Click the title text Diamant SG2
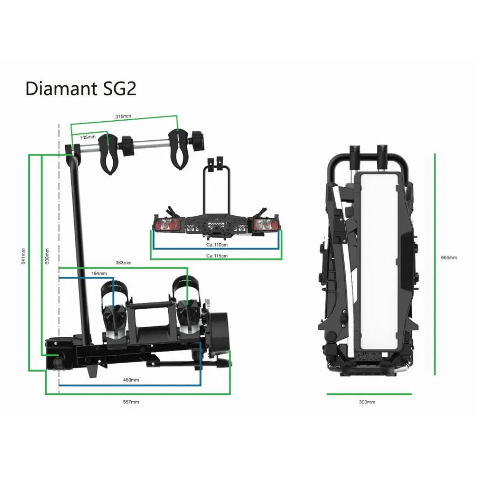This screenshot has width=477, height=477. (81, 88)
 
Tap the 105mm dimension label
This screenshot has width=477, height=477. (88, 137)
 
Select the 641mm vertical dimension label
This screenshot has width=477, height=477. (24, 256)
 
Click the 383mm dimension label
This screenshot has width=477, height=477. (123, 263)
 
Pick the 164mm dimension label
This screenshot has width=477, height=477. (99, 273)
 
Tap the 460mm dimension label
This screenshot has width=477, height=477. (131, 380)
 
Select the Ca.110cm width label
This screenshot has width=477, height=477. (217, 245)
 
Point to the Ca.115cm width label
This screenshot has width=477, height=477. (217, 256)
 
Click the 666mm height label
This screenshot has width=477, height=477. (449, 257)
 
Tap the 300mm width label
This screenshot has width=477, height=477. (368, 401)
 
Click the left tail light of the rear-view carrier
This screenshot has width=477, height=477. (169, 224)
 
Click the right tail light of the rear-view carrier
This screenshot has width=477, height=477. (264, 224)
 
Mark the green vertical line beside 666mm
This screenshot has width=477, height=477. (435, 263)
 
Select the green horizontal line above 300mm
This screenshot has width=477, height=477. (369, 394)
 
